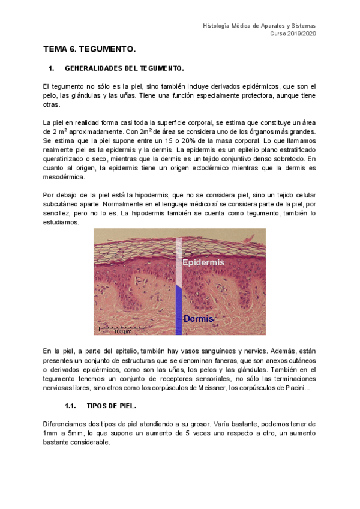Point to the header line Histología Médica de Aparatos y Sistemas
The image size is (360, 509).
coord(259,26)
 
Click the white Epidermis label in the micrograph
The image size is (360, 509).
coord(203,262)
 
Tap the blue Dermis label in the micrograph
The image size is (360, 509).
coord(199,318)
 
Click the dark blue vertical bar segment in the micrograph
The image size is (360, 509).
coord(179,309)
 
